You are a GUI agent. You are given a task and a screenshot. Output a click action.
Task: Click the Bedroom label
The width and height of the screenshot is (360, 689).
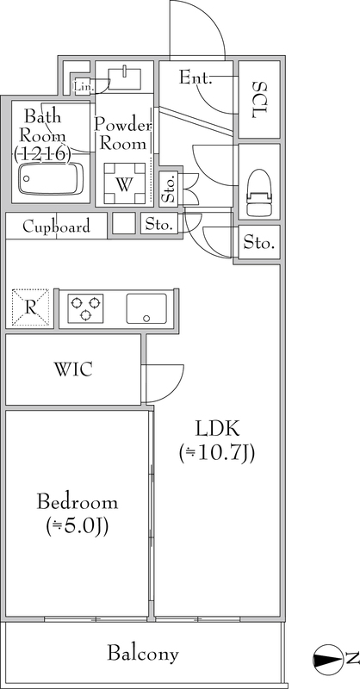point(78,501)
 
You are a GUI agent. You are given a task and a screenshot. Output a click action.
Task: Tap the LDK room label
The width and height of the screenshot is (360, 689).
point(217,428)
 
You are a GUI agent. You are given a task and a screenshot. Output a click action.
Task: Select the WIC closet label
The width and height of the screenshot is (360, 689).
point(73,369)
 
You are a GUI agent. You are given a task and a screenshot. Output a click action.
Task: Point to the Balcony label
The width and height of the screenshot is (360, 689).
point(143,654)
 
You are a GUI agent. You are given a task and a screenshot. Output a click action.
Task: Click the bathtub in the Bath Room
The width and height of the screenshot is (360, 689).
point(51,178)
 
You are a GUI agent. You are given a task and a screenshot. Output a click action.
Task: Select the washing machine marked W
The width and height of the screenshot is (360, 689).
point(124,183)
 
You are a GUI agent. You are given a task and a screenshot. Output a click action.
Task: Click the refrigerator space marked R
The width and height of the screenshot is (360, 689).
point(30,307)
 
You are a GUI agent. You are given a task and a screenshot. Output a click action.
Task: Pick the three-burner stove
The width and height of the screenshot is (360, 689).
point(85,307)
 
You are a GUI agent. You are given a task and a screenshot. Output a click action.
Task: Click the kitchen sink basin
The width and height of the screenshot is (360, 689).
point(146,308)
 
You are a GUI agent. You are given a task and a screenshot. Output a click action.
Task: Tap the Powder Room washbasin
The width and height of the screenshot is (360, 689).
point(124,78)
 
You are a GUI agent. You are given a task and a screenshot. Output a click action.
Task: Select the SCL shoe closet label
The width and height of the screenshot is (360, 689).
point(259,99)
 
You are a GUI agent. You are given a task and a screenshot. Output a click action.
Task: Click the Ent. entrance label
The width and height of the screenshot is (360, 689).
point(196,78)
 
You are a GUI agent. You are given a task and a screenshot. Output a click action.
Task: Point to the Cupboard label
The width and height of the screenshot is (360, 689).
point(56,227)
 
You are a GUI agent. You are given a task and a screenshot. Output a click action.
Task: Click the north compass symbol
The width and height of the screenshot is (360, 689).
point(327,659)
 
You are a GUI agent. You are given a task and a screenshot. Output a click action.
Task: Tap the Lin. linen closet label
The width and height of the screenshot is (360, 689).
point(84,87)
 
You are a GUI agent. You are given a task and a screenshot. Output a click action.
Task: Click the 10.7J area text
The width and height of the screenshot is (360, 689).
point(217,454)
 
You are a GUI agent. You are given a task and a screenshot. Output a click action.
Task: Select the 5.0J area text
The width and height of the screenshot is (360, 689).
point(78,525)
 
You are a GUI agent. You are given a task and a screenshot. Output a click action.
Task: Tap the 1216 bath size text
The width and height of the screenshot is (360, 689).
point(42,153)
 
